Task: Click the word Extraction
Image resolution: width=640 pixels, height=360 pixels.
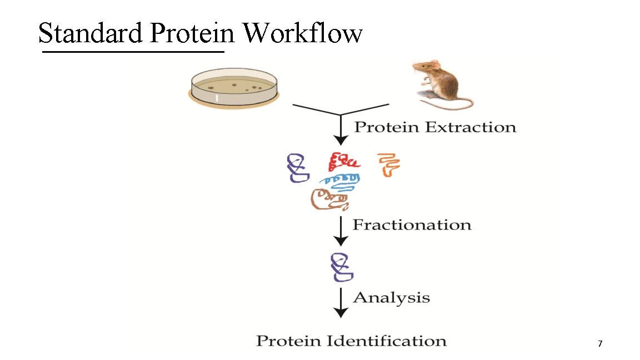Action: click(x=471, y=127)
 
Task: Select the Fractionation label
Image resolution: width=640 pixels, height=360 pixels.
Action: click(x=412, y=225)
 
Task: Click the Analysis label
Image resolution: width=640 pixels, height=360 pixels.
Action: click(x=391, y=297)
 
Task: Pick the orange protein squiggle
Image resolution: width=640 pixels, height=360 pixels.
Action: click(x=388, y=165)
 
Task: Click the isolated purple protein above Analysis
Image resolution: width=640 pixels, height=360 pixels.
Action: click(x=341, y=267)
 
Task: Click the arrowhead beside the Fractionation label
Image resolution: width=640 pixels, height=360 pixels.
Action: click(x=341, y=240)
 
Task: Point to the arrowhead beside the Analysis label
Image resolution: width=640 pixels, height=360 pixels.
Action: click(x=341, y=312)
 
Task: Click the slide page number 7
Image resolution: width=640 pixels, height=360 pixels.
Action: click(x=600, y=344)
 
